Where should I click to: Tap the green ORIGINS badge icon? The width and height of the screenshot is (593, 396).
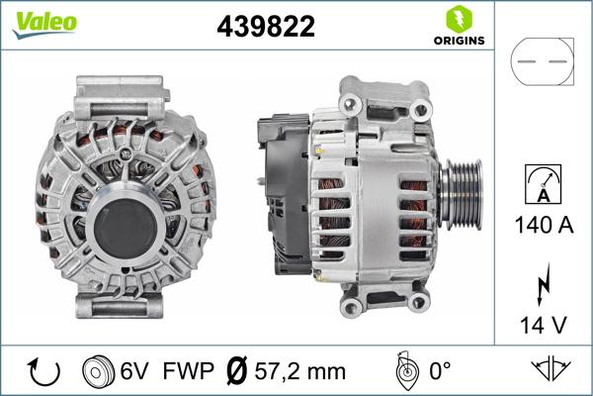(x=458, y=20)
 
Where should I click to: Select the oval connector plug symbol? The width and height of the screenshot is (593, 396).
(x=542, y=63)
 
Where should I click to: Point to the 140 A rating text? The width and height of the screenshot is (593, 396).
(x=542, y=227)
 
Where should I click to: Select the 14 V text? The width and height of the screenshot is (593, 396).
(x=542, y=323)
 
